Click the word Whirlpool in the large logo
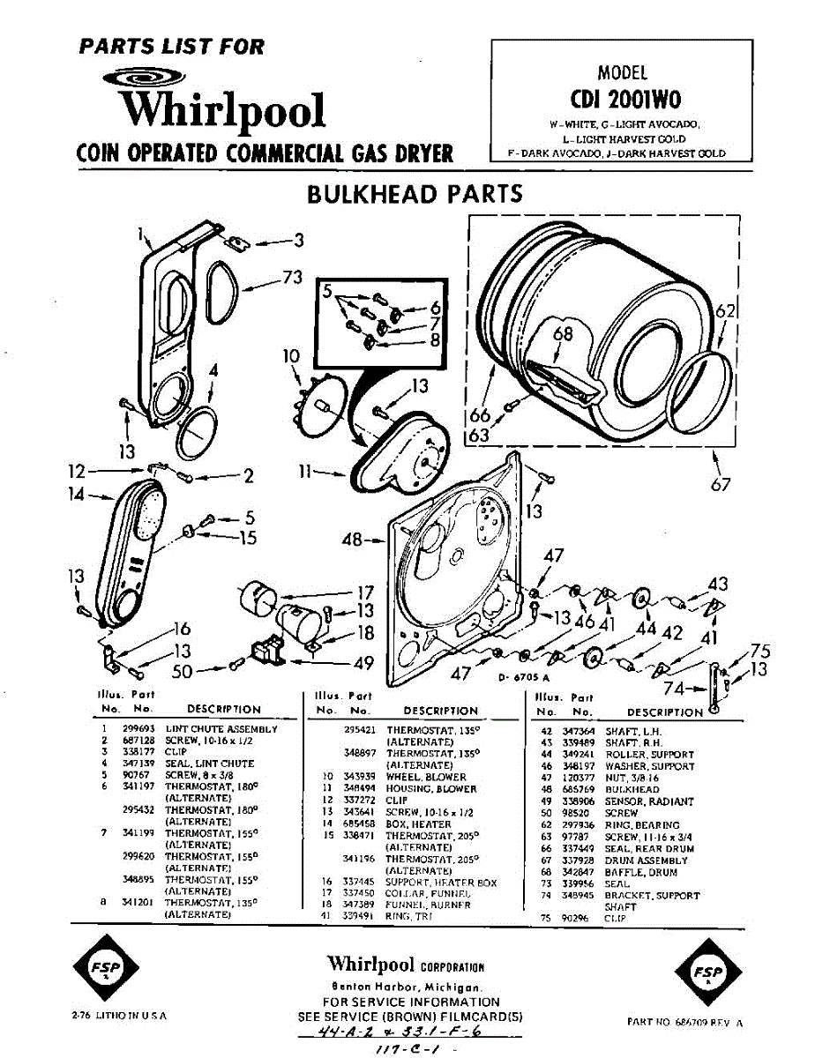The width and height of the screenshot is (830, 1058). point(223,110)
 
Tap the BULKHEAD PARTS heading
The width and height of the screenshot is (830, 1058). point(415,193)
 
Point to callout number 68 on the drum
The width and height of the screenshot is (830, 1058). point(563,334)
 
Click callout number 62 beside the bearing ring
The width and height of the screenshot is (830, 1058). point(725,310)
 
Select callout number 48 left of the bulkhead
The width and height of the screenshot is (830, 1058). point(352,539)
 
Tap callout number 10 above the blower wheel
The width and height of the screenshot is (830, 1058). point(291,356)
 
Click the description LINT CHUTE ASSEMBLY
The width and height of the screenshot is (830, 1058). point(221,729)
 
